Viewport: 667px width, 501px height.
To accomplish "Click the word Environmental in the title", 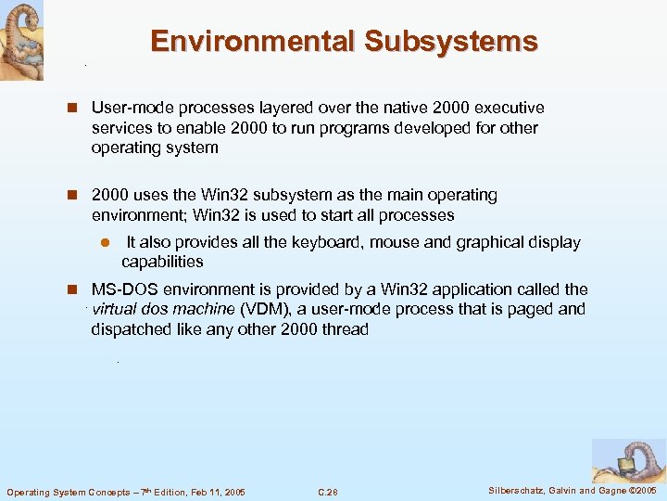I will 252,42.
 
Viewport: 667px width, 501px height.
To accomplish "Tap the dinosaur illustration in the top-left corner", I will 20,40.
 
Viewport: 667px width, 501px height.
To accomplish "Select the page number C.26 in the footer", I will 328,492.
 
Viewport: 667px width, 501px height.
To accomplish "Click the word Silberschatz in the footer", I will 517,490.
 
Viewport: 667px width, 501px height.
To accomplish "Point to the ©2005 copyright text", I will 640,490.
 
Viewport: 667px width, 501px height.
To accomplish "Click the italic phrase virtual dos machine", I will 163,309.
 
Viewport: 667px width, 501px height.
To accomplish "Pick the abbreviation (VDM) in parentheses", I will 262,309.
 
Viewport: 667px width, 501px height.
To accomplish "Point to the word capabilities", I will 162,262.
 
